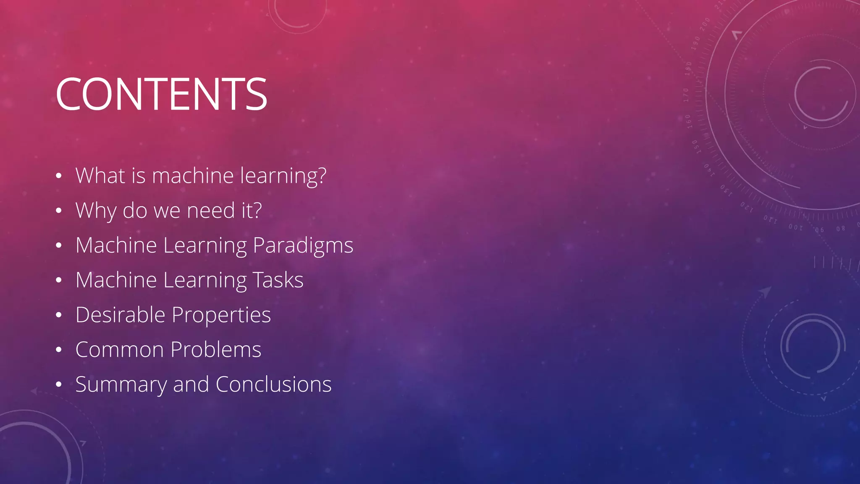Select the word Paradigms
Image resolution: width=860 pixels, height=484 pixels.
(x=303, y=245)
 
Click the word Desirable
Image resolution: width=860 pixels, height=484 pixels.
(x=120, y=315)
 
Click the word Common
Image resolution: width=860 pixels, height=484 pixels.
(x=120, y=350)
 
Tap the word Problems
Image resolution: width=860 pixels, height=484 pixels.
(x=216, y=350)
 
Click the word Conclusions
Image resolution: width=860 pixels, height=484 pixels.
(x=273, y=384)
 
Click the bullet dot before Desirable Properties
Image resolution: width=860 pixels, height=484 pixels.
(x=59, y=315)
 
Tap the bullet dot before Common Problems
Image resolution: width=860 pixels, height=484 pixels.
(x=59, y=350)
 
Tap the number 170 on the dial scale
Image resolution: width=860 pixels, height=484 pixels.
(x=686, y=95)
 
